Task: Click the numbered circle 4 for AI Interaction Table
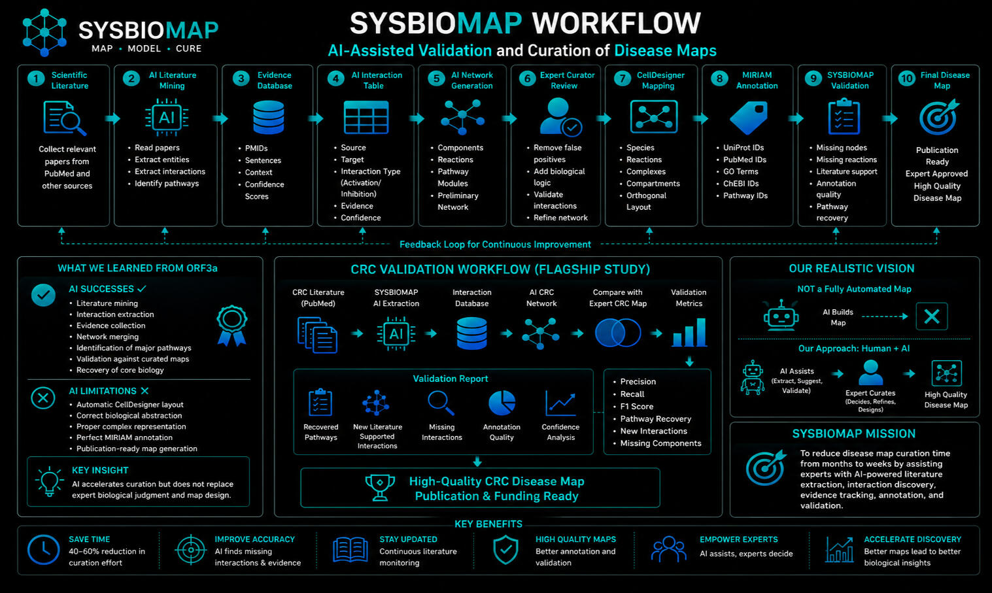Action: point(335,79)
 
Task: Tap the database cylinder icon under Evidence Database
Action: point(268,118)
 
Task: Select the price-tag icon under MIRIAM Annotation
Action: point(749,118)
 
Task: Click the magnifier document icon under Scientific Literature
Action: point(65,118)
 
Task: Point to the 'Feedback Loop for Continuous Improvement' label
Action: point(495,245)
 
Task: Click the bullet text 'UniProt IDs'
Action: point(744,148)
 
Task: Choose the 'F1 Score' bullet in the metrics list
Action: point(637,406)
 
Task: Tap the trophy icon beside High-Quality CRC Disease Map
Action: point(380,488)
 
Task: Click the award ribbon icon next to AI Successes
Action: point(232,326)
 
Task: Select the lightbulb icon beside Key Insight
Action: point(49,481)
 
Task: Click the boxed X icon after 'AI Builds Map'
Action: point(932,316)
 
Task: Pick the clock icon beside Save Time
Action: point(43,550)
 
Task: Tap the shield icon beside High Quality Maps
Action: point(505,550)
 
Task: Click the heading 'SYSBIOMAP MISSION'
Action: point(854,433)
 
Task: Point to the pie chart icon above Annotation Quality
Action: point(502,403)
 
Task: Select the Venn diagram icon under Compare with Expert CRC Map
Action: point(618,333)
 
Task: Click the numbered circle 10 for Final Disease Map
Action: point(906,79)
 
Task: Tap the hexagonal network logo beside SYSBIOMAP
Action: point(44,32)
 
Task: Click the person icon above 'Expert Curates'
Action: point(870,372)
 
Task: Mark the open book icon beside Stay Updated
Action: point(350,550)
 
